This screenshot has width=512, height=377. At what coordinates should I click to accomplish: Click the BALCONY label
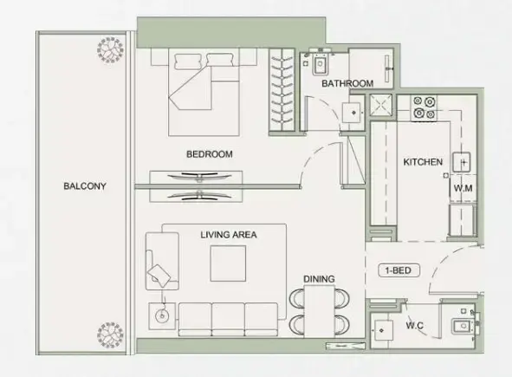[x=84, y=185]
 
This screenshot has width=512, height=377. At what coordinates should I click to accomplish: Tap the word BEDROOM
[x=210, y=154]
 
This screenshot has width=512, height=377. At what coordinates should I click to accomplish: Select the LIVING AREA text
[x=229, y=234]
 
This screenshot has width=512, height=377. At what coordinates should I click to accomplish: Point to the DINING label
[x=319, y=278]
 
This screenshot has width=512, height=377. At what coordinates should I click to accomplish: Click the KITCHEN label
[x=423, y=162]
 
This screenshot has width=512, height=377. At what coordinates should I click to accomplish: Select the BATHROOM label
[x=347, y=84]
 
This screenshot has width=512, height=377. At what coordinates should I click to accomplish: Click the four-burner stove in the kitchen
[x=425, y=107]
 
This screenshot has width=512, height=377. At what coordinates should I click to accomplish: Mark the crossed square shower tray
[x=380, y=106]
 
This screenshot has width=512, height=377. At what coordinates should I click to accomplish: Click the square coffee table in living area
[x=230, y=263]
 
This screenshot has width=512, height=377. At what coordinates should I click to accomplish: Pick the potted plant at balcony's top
[x=111, y=51]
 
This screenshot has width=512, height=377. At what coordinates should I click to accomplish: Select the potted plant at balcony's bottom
[x=111, y=336]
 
